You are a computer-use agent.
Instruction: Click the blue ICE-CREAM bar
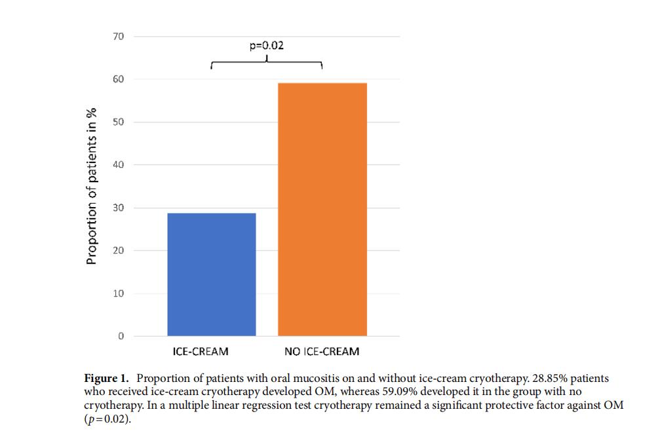pyautogui.click(x=212, y=274)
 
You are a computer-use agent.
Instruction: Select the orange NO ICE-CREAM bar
pyautogui.click(x=322, y=210)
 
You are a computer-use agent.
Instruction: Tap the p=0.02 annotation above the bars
pyautogui.click(x=267, y=46)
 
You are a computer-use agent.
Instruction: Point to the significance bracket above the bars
pyautogui.click(x=267, y=63)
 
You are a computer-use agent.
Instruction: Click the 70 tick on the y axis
pyautogui.click(x=118, y=36)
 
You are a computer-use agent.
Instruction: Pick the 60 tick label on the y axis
pyautogui.click(x=118, y=79)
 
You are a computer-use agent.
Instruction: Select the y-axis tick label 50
pyautogui.click(x=118, y=122)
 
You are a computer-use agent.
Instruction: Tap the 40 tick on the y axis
pyautogui.click(x=118, y=165)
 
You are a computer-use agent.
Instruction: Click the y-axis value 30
pyautogui.click(x=118, y=208)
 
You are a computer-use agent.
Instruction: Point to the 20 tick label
pyautogui.click(x=118, y=251)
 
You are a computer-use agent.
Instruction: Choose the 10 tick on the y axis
pyautogui.click(x=118, y=293)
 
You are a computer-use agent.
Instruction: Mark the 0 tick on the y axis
pyautogui.click(x=121, y=336)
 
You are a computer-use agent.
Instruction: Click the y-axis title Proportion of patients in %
pyautogui.click(x=92, y=186)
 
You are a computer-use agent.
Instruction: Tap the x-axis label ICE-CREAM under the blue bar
pyautogui.click(x=201, y=352)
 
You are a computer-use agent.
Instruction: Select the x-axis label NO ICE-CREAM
pyautogui.click(x=322, y=352)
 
